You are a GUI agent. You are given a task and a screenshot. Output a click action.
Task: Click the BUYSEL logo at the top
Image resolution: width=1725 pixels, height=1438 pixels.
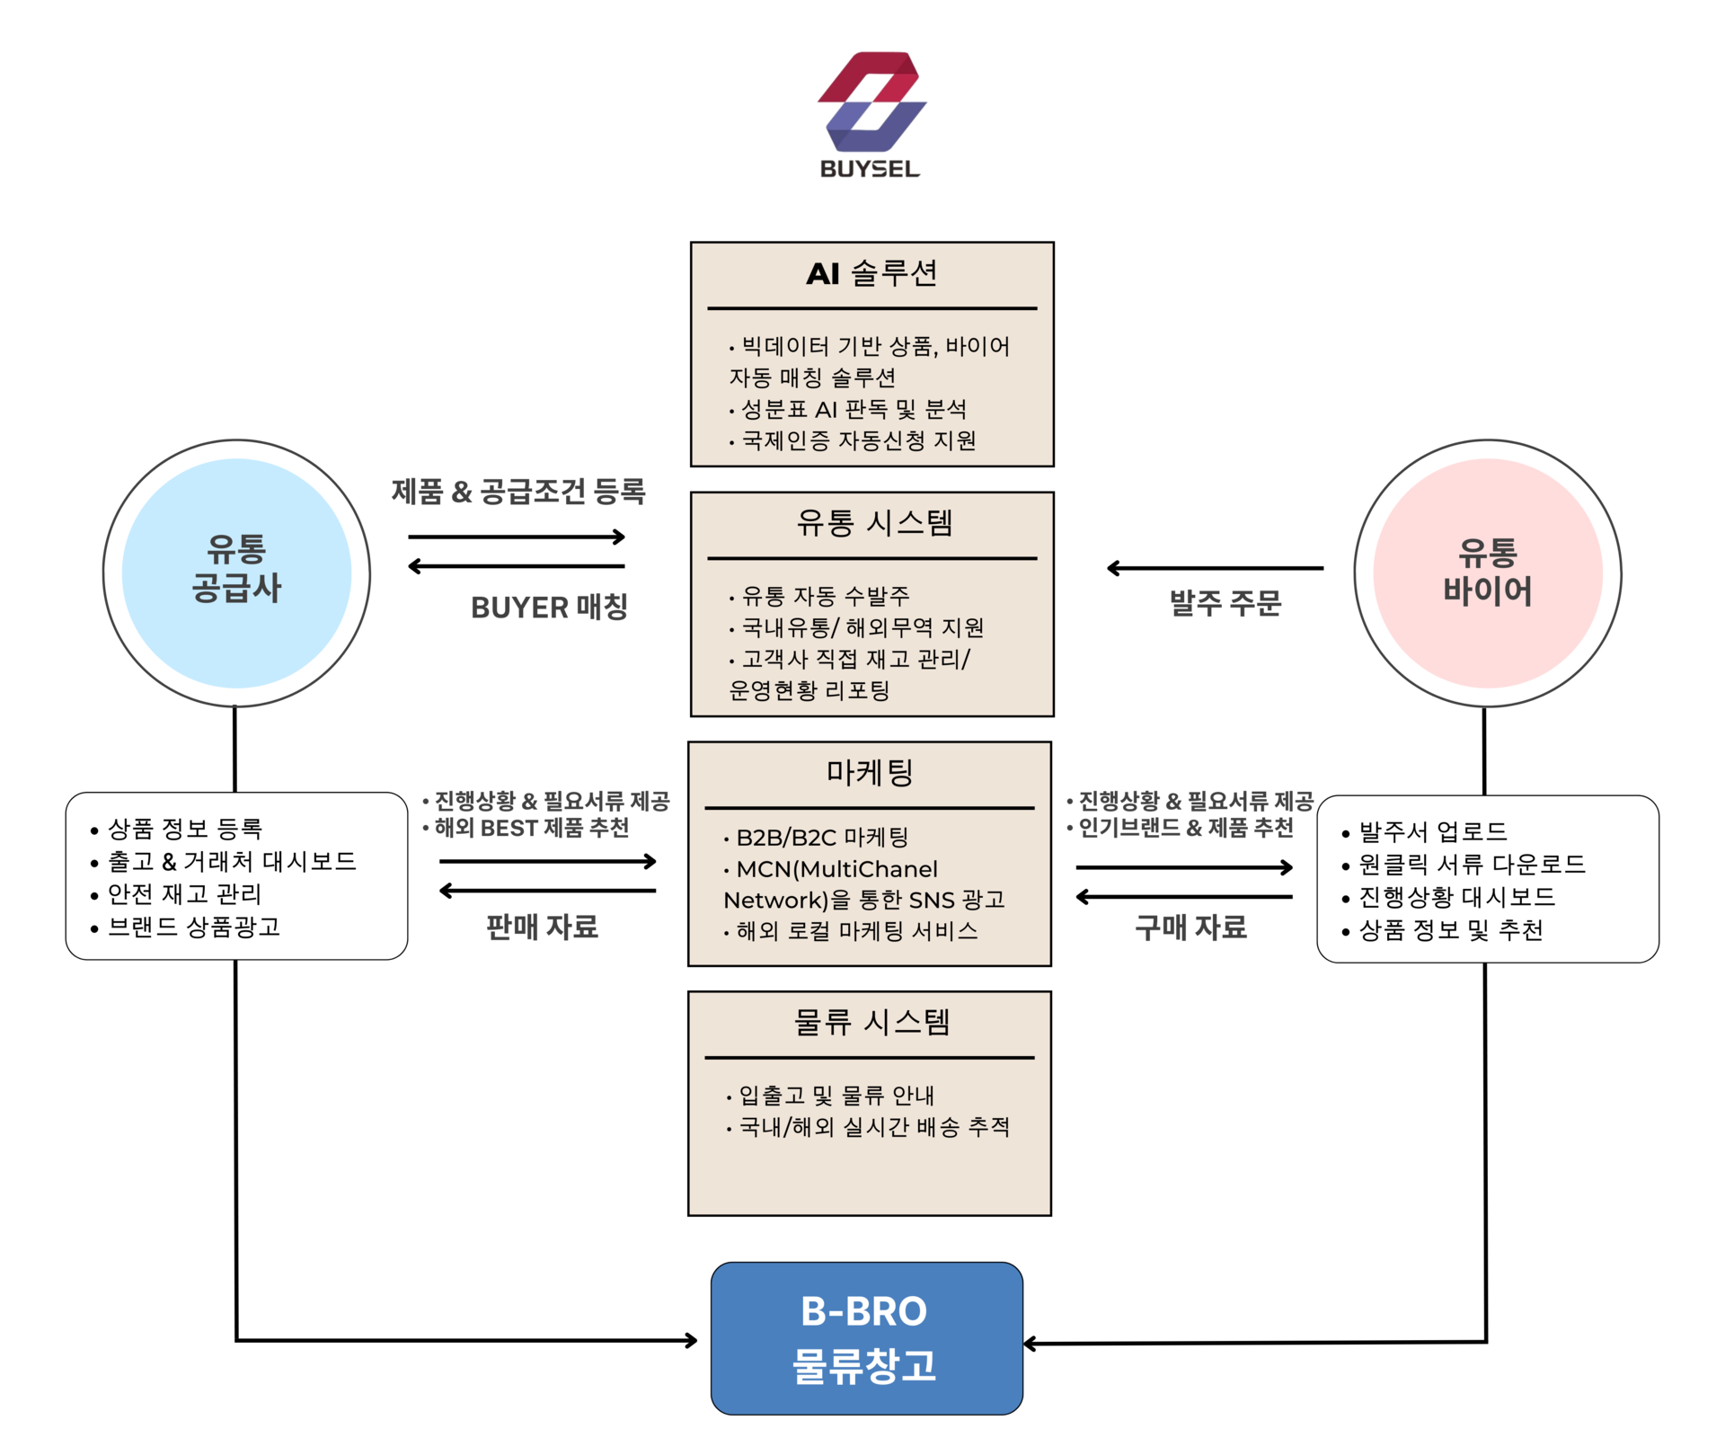pos(871,112)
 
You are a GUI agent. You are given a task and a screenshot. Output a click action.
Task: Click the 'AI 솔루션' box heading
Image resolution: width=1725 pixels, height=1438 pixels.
pos(871,273)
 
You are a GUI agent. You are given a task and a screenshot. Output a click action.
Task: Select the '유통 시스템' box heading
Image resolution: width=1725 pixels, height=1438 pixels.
pos(873,523)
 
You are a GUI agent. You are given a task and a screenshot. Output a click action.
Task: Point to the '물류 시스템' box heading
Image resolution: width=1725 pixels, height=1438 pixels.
pos(871,1023)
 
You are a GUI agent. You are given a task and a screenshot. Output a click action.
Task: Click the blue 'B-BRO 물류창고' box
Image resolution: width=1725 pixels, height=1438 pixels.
pos(866,1338)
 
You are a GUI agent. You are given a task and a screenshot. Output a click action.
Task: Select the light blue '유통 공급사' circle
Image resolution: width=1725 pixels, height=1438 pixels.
pos(236,573)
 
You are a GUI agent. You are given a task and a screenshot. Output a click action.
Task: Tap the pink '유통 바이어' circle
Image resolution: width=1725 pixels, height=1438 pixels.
pos(1487,573)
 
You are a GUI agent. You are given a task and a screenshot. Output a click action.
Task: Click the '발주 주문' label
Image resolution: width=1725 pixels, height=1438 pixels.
pos(1225,603)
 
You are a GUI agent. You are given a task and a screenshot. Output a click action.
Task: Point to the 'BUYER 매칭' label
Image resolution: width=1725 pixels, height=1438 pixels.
pos(549,608)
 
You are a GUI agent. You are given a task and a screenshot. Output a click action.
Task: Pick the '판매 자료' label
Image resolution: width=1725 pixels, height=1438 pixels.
pos(542,928)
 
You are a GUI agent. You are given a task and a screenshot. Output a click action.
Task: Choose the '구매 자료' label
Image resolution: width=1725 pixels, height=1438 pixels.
pos(1190,928)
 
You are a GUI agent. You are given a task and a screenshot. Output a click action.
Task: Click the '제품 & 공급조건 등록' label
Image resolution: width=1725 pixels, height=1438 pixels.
pos(517,492)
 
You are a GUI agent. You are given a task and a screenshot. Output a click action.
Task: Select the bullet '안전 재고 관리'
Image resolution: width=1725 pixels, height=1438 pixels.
pos(184,894)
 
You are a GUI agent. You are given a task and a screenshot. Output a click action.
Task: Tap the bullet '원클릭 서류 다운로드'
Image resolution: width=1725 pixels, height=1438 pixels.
pos(1472,865)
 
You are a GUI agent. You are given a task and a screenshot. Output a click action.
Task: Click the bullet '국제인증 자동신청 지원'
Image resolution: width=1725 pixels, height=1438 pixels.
pos(858,440)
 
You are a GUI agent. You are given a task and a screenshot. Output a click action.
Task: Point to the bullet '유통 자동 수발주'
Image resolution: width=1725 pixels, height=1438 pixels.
pos(825,596)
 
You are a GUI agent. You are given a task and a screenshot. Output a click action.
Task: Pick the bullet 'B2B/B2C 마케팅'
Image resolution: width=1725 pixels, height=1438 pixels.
pos(821,838)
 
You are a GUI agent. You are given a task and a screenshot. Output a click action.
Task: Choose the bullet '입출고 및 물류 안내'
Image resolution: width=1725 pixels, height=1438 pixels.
pos(836,1096)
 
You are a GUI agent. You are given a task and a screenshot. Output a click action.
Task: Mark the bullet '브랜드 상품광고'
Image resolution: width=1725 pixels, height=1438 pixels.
pos(194,927)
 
